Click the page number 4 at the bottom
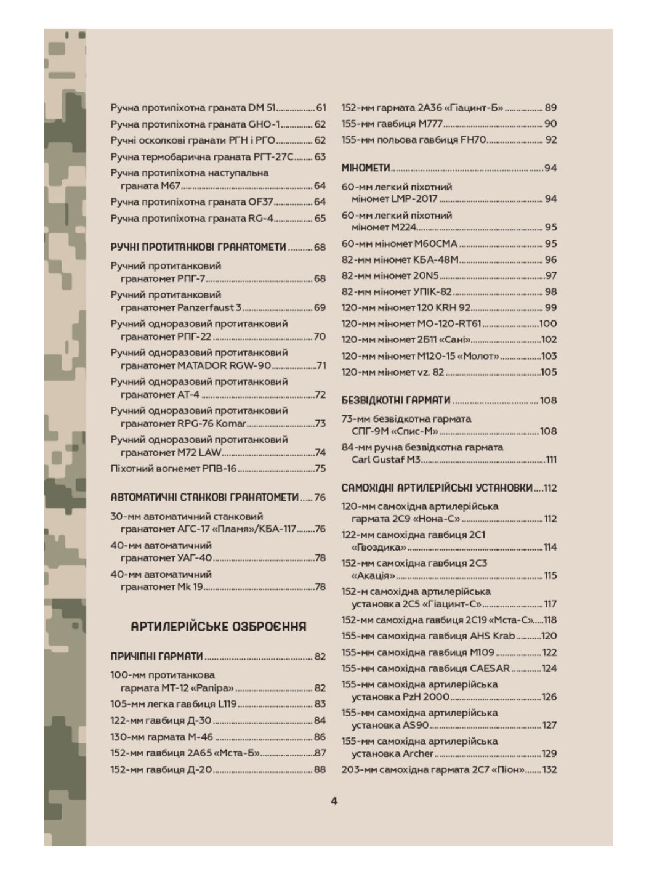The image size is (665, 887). pyautogui.click(x=334, y=801)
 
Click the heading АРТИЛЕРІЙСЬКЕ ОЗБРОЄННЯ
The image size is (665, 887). pyautogui.click(x=219, y=627)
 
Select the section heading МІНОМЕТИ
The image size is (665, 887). pyautogui.click(x=366, y=168)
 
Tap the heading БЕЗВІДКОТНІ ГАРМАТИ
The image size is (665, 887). pyautogui.click(x=396, y=400)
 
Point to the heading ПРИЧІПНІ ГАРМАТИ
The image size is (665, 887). pyautogui.click(x=156, y=657)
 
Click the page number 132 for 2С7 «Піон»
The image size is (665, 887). pyautogui.click(x=549, y=769)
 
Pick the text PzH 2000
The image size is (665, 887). pyautogui.click(x=426, y=697)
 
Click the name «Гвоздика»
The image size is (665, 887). pyautogui.click(x=379, y=547)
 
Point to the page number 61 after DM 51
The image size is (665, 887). pyautogui.click(x=320, y=108)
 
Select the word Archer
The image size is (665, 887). pyautogui.click(x=418, y=753)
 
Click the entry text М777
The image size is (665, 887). pyautogui.click(x=430, y=124)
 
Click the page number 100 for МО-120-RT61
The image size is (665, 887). pyautogui.click(x=547, y=323)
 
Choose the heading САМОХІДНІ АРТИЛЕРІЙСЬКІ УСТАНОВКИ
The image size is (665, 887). pyautogui.click(x=437, y=488)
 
